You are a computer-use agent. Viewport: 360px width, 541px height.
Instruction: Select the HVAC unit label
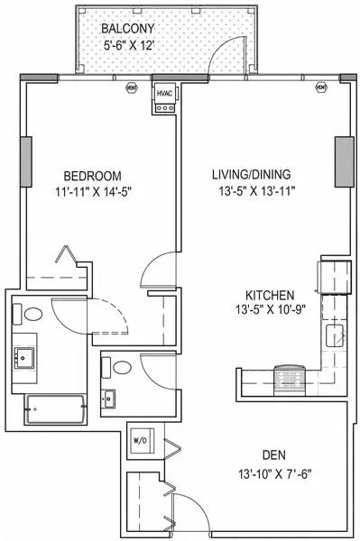165,93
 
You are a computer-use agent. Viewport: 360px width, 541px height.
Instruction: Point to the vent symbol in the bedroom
132,88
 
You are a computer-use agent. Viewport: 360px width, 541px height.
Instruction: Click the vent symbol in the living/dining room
320,88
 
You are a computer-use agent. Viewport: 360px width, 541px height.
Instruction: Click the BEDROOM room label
92,175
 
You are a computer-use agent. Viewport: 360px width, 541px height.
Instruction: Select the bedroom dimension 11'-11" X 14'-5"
92,191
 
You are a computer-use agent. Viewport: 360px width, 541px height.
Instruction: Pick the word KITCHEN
270,295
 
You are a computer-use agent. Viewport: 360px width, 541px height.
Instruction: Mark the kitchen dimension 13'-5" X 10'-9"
270,311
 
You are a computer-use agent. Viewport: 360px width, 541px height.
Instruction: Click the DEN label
277,454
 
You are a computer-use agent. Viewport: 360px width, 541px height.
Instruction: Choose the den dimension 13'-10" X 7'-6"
277,472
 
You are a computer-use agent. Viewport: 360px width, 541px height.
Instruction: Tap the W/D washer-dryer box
143,441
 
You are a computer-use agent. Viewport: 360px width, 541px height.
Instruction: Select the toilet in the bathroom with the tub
31,316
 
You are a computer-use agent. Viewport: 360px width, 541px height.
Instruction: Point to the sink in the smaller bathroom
111,397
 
